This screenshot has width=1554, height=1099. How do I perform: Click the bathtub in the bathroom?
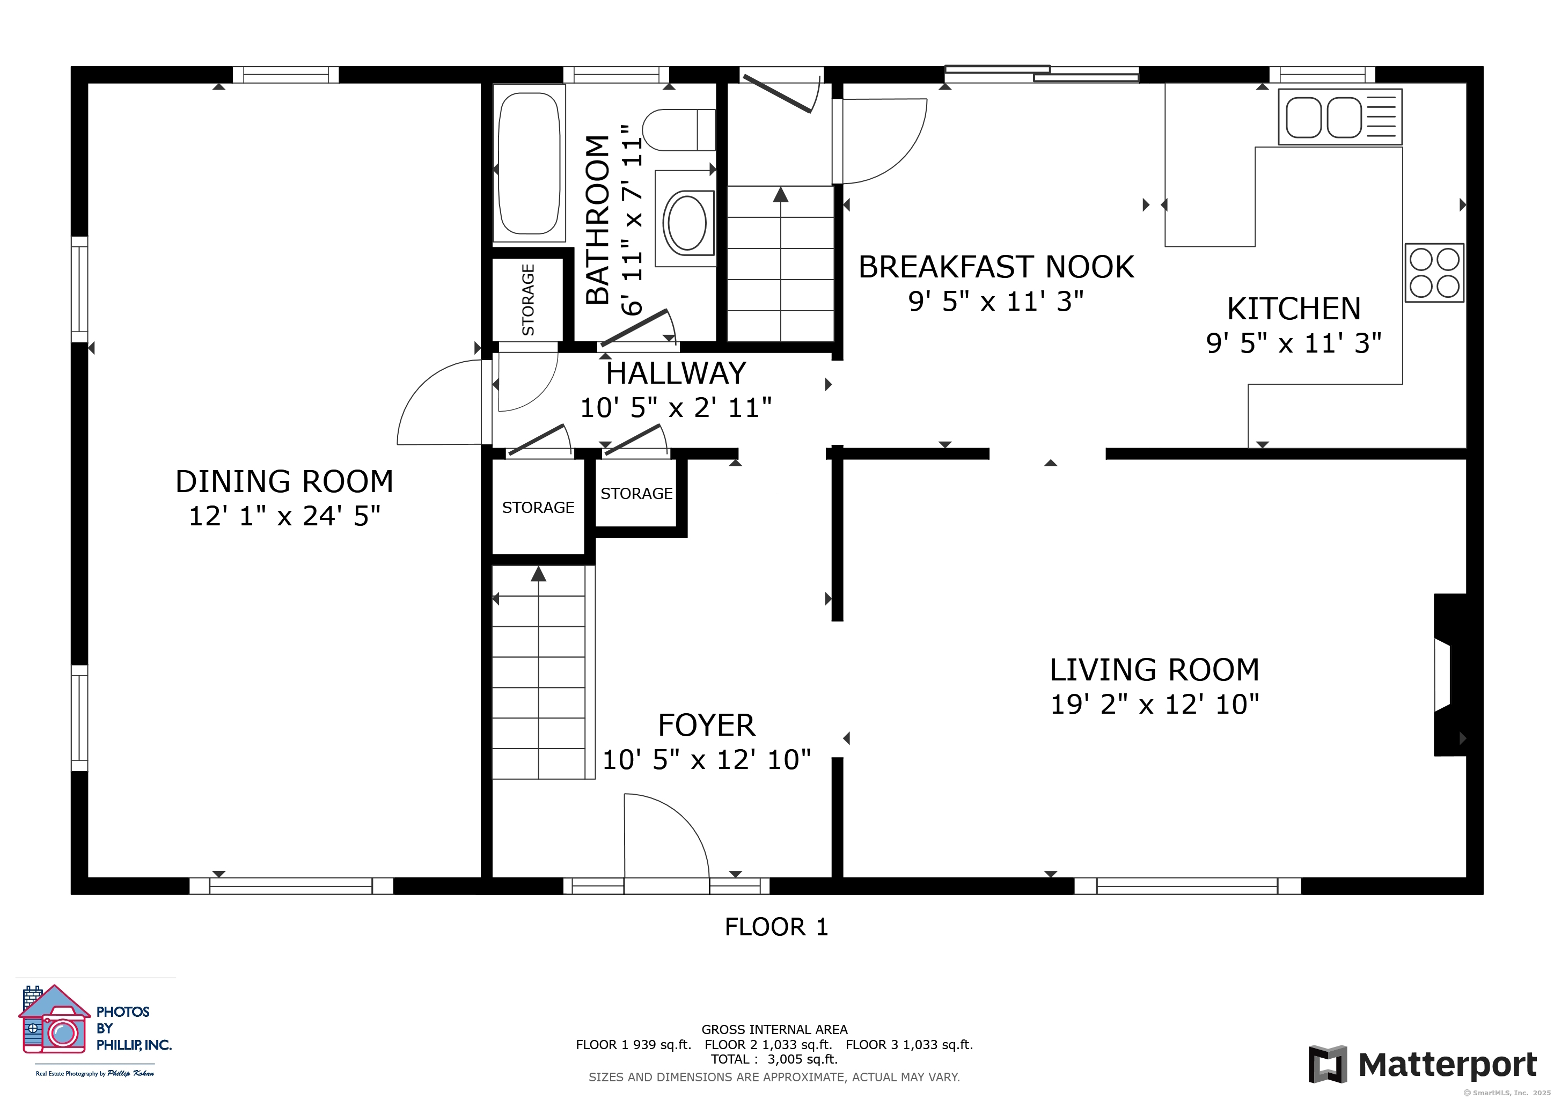point(529,163)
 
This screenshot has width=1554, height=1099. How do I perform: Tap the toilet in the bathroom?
point(679,130)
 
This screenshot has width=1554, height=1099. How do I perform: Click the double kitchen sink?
point(1339,116)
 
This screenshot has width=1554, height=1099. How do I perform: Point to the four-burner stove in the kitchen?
point(1434,273)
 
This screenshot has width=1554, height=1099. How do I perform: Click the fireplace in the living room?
point(1450,675)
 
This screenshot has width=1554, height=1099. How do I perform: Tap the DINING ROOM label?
point(284,482)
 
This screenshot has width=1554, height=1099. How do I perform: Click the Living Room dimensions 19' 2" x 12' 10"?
point(1155,705)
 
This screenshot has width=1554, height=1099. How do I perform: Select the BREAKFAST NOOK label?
point(996,267)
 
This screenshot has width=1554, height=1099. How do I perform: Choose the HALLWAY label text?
point(676,373)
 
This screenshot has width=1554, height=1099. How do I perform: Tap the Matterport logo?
point(1423,1064)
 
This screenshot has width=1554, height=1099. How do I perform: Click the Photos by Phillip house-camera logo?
point(54,1019)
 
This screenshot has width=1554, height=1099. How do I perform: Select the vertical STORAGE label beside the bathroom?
point(528,300)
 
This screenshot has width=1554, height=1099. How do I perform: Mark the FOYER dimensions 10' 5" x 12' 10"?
point(707,760)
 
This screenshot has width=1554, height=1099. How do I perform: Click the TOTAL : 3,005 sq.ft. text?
point(774,1059)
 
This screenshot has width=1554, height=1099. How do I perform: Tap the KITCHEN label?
point(1294,309)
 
